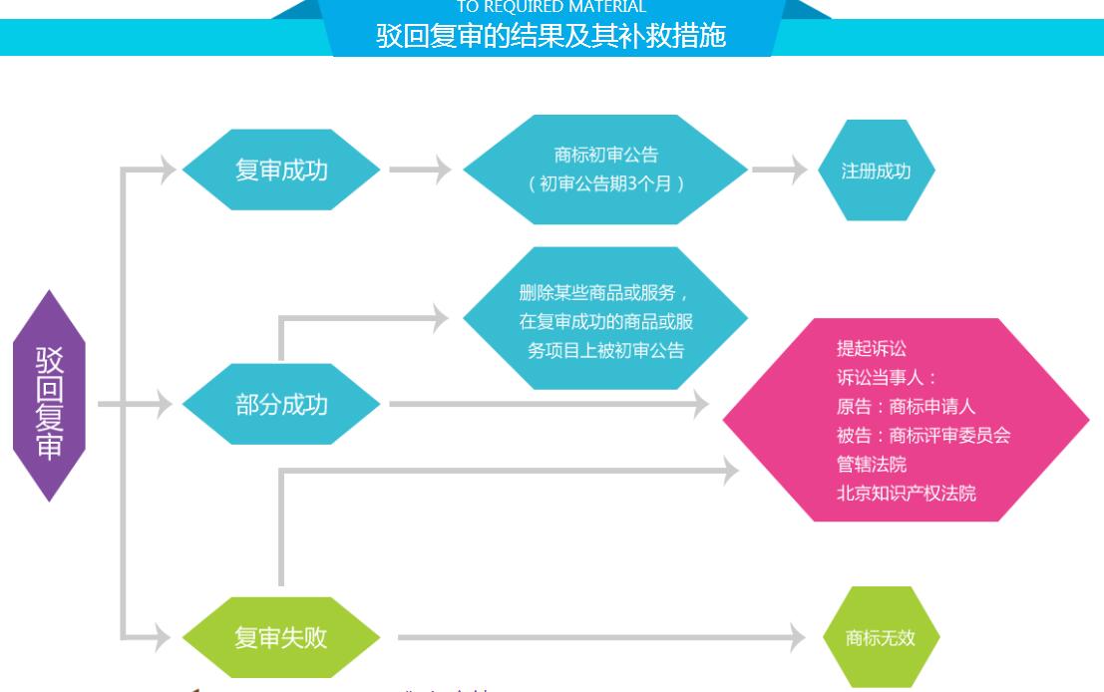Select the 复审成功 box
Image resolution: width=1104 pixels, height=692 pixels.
(x=281, y=170)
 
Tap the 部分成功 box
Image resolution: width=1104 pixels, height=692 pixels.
(x=281, y=404)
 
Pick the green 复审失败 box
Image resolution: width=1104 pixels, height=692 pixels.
(x=281, y=636)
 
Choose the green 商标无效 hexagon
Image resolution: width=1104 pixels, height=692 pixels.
(x=877, y=637)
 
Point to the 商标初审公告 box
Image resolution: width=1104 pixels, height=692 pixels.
(x=605, y=170)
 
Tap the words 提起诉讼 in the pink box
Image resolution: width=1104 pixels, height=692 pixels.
(x=871, y=349)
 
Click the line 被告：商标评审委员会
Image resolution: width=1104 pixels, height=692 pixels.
(x=924, y=436)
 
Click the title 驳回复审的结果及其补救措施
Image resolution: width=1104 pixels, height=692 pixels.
(x=551, y=37)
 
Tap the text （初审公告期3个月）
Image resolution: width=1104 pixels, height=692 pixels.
(x=605, y=183)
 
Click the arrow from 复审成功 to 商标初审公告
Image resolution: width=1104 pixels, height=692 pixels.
(x=420, y=170)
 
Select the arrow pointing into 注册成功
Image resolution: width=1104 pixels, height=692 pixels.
(x=779, y=170)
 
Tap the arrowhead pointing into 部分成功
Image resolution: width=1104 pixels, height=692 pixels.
(x=165, y=404)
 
